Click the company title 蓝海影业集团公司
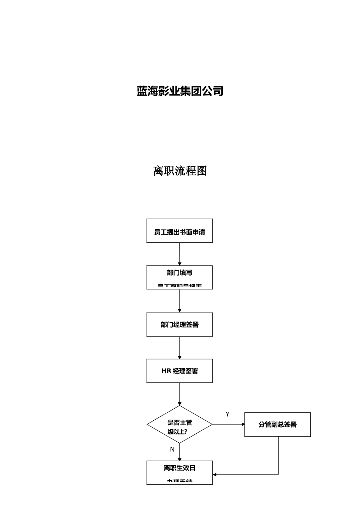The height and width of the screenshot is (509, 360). (x=180, y=91)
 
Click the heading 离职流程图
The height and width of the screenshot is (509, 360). (x=180, y=171)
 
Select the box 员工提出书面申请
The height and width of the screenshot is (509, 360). (x=180, y=231)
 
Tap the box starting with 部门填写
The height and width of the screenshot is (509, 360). (x=180, y=278)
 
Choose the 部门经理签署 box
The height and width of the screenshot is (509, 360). (x=180, y=325)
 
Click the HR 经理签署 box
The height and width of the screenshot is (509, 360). (x=180, y=371)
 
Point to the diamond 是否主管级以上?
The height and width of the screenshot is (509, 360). (x=180, y=425)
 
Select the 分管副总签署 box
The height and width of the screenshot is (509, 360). (x=277, y=425)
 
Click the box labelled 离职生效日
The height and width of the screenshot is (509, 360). (x=180, y=472)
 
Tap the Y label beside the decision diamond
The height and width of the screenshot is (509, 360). (x=227, y=414)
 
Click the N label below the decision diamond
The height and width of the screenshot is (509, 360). (x=172, y=449)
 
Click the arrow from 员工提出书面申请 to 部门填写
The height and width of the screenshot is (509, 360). (x=180, y=254)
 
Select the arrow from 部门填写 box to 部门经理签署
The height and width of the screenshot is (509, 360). (x=180, y=301)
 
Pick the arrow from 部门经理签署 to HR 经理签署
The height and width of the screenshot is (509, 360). (x=180, y=348)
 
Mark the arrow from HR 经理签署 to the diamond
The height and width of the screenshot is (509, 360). (x=180, y=394)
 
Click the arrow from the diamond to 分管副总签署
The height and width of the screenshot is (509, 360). (x=229, y=425)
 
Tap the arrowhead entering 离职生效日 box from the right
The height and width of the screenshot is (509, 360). (x=215, y=475)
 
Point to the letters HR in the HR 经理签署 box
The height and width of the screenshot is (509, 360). (x=166, y=371)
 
